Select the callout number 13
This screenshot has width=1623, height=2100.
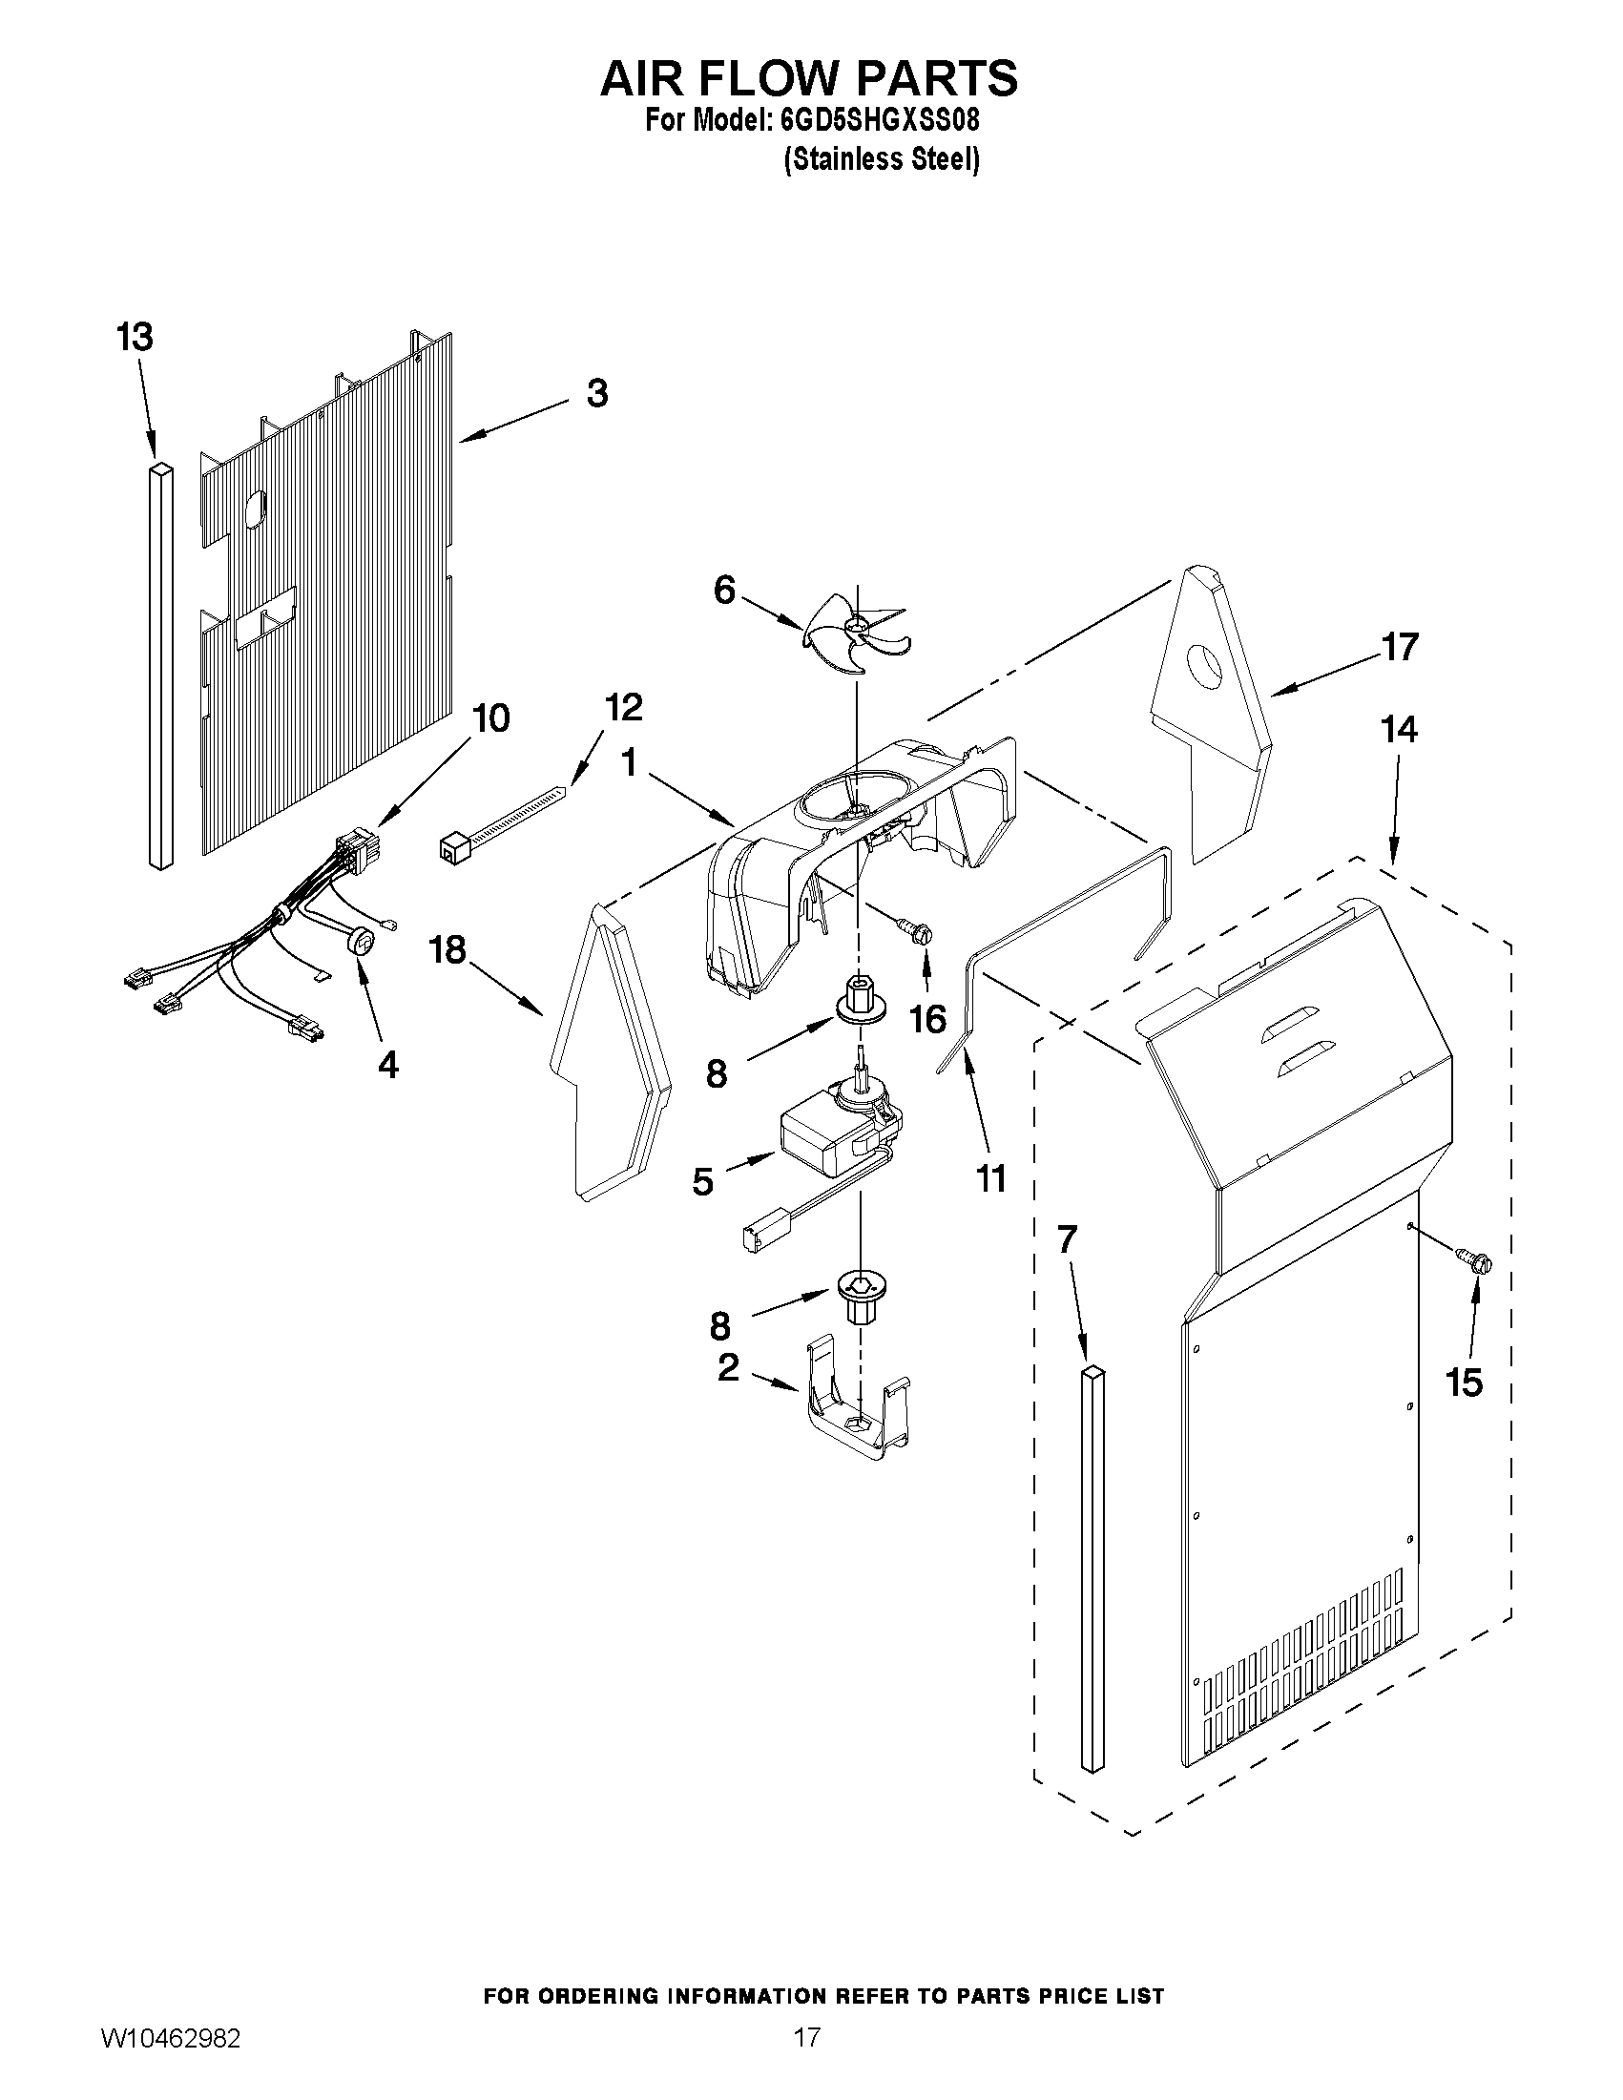coord(135,338)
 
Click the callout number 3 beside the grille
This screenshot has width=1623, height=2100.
coord(597,393)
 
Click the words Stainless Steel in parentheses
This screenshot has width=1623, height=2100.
coord(882,159)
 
